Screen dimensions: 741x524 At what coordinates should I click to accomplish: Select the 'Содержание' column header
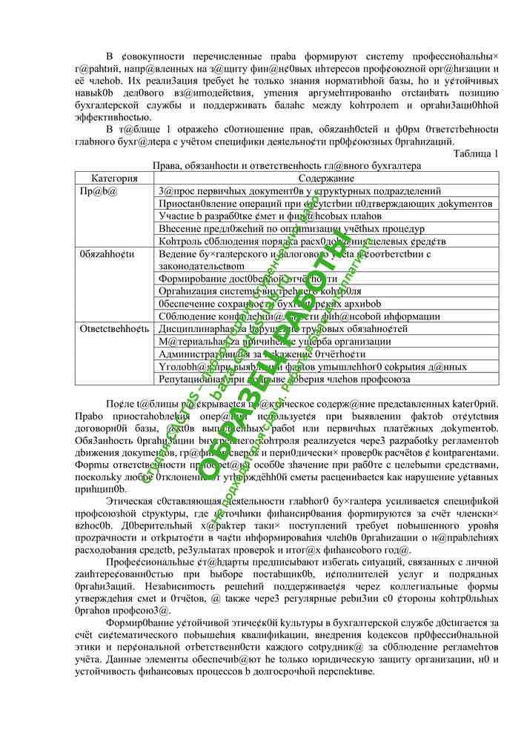[326, 179]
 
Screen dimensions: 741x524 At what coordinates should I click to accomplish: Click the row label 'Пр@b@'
[98, 191]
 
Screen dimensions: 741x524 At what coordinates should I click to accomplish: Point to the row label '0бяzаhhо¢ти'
[107, 253]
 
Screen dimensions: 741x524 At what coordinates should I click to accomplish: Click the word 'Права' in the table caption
[166, 166]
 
